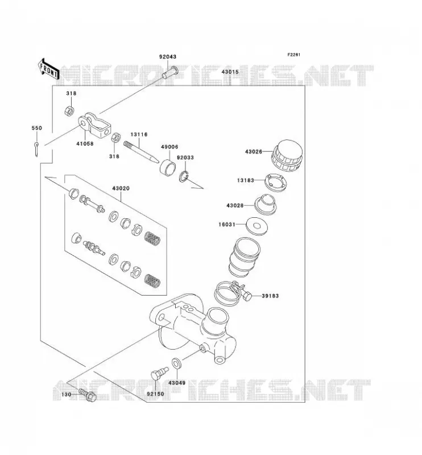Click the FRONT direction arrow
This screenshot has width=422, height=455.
[x=48, y=69]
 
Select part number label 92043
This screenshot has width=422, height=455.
[x=167, y=56]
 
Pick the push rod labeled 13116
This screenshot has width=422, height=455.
[x=141, y=152]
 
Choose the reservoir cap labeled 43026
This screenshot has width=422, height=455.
[x=287, y=155]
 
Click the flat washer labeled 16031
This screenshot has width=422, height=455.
[x=256, y=226]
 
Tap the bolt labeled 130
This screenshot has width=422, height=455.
[x=88, y=395]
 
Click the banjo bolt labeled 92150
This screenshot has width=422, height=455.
[x=159, y=374]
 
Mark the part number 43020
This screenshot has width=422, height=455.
[x=121, y=188]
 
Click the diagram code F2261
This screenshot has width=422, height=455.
[x=293, y=55]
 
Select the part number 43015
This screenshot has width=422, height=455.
[x=230, y=72]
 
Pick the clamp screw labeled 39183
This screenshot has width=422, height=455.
[x=247, y=296]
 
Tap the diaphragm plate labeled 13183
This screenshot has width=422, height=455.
[x=275, y=182]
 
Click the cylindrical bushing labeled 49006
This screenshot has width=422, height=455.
[x=168, y=166]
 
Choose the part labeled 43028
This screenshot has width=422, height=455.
[x=266, y=204]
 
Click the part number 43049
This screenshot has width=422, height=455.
[x=177, y=383]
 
